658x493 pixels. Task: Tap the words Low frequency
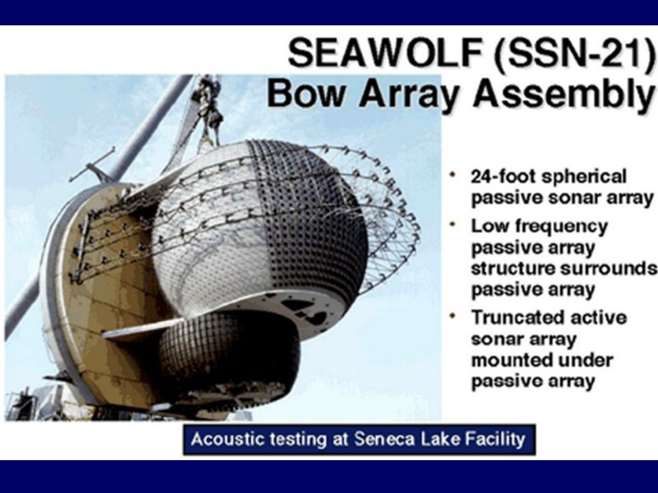point(538,226)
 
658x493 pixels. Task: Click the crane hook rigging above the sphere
point(208,110)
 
